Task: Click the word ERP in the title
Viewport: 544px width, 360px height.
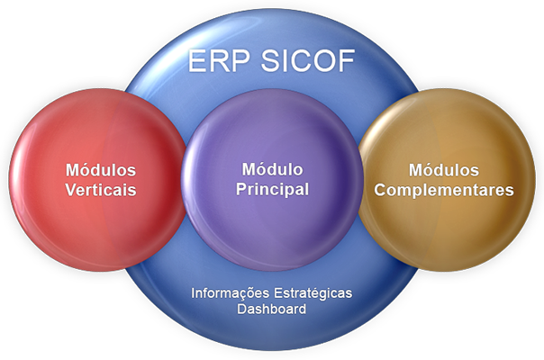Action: point(219,60)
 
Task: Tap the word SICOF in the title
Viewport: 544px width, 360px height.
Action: point(308,60)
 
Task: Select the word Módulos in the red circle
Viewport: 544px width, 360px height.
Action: point(101,170)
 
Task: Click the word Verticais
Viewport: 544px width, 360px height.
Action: point(101,190)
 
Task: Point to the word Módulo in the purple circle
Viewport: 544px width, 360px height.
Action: point(272,169)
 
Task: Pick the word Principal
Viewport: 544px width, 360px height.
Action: point(272,190)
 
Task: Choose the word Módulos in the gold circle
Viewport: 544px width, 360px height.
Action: point(444,170)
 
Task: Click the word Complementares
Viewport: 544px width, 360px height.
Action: point(444,191)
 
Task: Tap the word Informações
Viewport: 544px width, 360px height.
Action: point(230,293)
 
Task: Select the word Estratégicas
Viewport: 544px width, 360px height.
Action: point(313,293)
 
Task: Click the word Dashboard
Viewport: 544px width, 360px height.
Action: point(272,309)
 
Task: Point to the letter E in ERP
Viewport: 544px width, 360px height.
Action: point(197,60)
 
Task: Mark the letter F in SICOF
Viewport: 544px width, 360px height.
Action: point(347,60)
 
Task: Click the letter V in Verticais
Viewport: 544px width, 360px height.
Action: point(71,190)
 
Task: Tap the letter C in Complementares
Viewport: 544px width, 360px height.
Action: point(380,190)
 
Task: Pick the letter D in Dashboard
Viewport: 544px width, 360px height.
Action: point(242,309)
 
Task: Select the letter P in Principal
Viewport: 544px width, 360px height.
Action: point(241,189)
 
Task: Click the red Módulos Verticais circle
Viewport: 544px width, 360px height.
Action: point(97,180)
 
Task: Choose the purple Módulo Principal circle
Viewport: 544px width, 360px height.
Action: point(272,180)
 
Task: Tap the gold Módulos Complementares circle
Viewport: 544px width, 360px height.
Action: point(447,180)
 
